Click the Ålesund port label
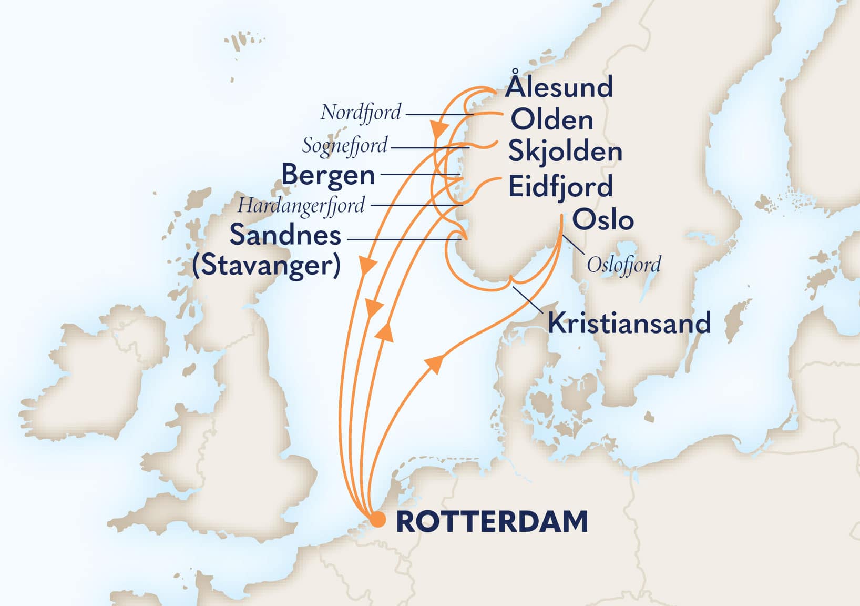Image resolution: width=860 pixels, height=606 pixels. [559, 87]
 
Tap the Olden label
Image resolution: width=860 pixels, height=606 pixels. [552, 120]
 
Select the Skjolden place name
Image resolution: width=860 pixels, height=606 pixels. [565, 152]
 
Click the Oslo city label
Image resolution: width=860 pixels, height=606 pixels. [602, 219]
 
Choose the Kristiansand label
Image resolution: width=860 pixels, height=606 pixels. [629, 322]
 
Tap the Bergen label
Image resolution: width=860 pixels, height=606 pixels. [328, 175]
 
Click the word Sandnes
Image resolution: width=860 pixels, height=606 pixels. [285, 235]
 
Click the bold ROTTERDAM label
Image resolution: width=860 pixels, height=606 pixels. [492, 521]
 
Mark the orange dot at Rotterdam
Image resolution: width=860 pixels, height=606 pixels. [377, 520]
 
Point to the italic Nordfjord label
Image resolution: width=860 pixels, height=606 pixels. [361, 112]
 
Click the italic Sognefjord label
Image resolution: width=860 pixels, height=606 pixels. [344, 146]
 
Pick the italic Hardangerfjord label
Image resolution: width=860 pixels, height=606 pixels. [301, 206]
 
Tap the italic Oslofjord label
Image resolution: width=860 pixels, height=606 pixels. [623, 265]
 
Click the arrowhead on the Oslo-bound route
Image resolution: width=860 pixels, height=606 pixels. [435, 362]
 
